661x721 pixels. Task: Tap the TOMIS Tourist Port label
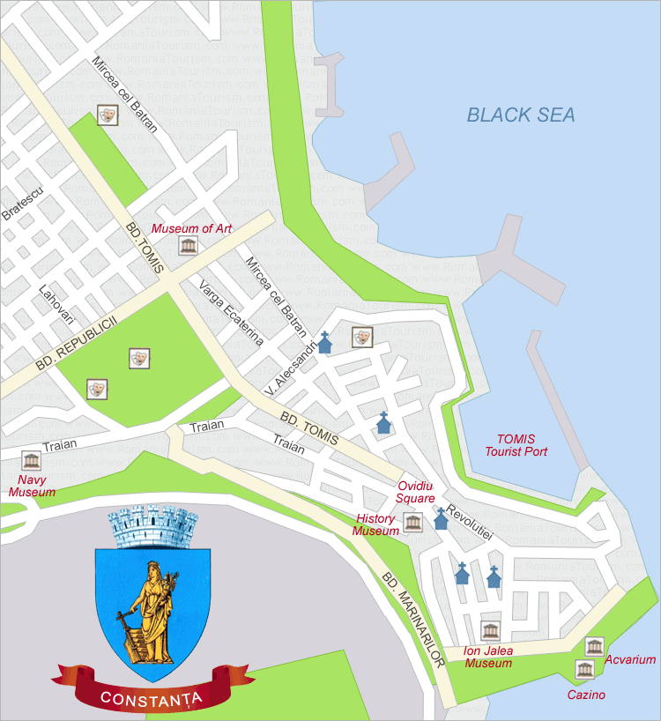516,445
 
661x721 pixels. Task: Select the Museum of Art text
191,228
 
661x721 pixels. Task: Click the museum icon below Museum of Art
188,246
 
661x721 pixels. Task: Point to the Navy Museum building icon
32,461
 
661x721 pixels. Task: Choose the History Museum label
375,525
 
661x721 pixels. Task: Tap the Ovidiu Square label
416,492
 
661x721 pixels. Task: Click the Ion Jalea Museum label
488,657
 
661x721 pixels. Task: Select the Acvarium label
630,659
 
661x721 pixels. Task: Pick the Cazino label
586,695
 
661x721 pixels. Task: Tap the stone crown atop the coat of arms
152,527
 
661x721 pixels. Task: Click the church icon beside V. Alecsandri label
325,342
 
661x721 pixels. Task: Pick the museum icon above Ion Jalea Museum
490,630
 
